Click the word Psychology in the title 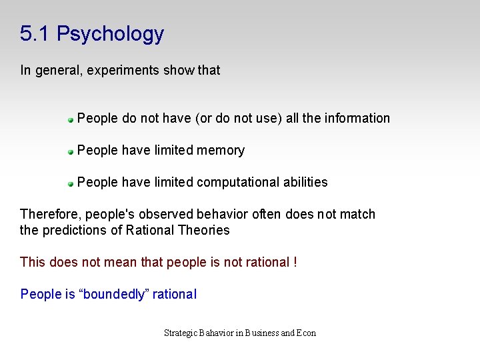click(110, 34)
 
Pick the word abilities click(305, 182)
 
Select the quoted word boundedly click(114, 294)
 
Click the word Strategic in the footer click(181, 333)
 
